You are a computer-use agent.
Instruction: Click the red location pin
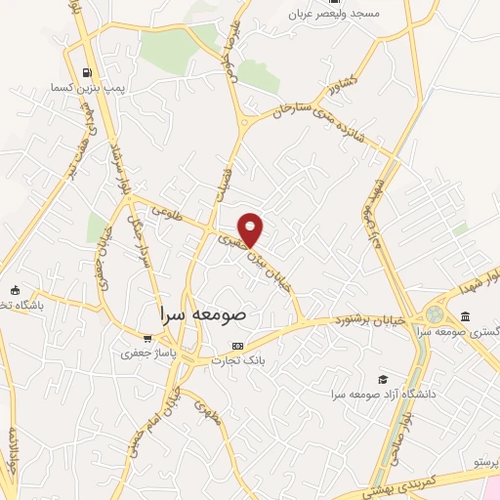[251, 229]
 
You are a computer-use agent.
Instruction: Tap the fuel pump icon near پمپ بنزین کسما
[88, 71]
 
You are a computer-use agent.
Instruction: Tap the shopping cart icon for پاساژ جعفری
[147, 338]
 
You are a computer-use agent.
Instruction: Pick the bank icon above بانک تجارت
[237, 347]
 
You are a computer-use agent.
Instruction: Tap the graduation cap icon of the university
[384, 379]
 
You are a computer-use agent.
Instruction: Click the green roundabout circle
[433, 316]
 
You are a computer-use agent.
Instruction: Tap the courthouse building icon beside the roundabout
[465, 316]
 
